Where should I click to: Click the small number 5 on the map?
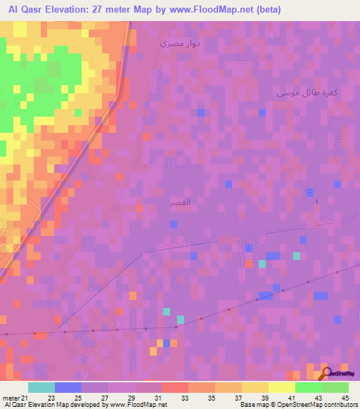(x=316, y=202)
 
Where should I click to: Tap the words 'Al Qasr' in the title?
(x=25, y=10)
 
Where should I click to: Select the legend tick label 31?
(x=161, y=397)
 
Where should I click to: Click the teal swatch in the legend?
(x=41, y=387)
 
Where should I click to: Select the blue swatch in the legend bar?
(x=67, y=387)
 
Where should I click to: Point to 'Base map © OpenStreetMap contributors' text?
(x=298, y=405)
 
